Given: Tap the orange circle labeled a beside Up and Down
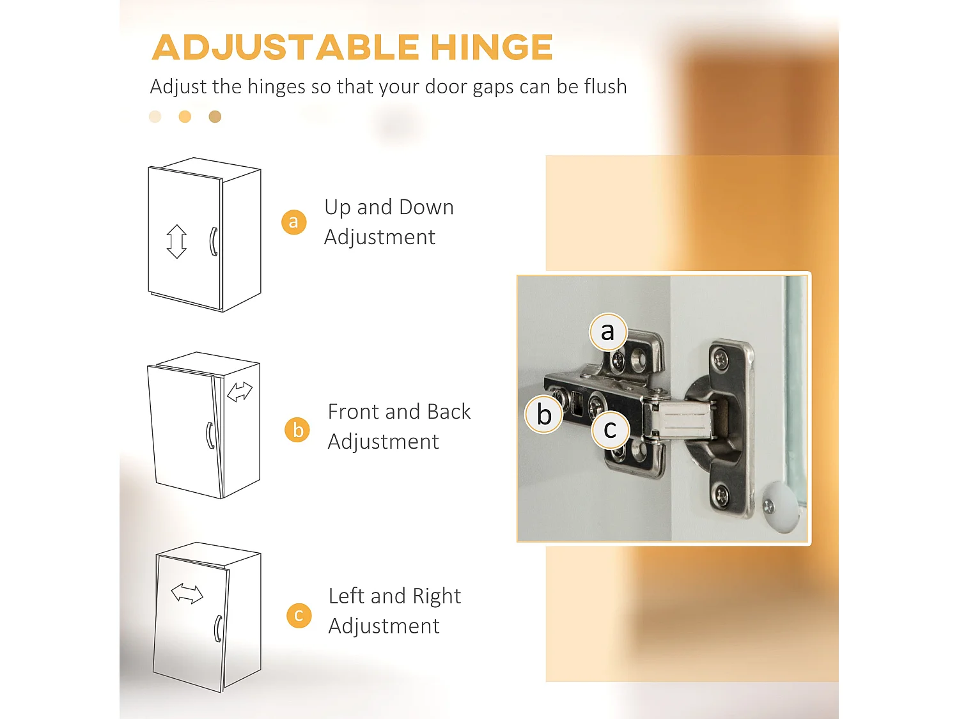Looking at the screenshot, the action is click(293, 222).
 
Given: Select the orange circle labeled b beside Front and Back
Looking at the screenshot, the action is click(297, 430).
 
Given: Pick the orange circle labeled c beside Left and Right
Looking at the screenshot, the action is click(299, 615).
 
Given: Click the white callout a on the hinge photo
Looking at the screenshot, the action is click(608, 332).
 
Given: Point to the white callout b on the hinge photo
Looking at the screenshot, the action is click(543, 414).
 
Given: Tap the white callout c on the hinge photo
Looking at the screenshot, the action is click(610, 429).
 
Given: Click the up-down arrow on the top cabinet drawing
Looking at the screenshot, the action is click(176, 242).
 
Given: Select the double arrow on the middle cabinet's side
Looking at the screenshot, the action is click(240, 391).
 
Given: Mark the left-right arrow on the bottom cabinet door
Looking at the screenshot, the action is click(187, 594).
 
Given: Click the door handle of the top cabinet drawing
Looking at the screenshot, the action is click(214, 242).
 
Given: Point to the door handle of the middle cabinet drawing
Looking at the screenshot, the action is click(210, 435).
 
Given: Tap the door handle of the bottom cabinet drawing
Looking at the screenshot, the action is click(218, 628).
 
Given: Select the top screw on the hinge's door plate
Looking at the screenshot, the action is click(720, 360).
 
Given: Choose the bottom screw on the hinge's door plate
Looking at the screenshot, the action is click(721, 495).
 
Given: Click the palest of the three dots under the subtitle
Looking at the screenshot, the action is click(155, 116).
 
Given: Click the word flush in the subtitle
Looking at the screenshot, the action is click(605, 86).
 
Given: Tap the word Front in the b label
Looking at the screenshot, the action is click(354, 411).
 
